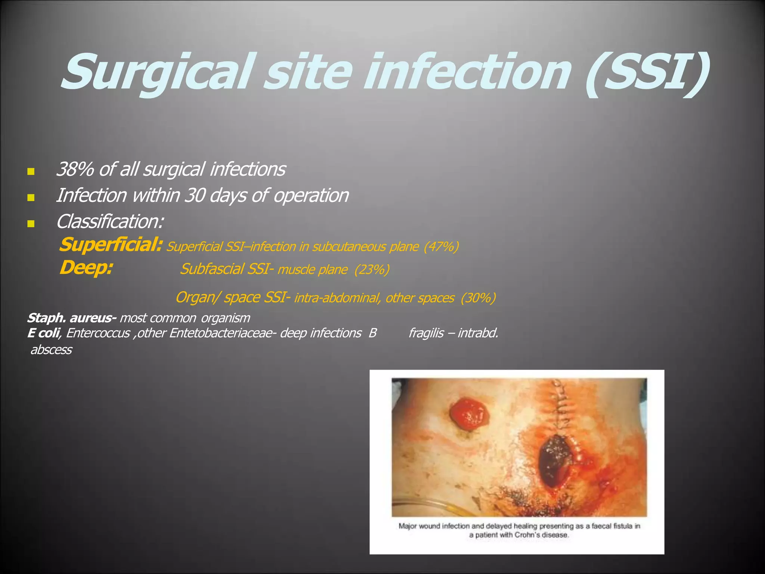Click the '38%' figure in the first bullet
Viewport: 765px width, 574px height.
pos(75,169)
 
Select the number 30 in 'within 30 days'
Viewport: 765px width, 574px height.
pos(195,195)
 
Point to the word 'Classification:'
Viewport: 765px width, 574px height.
pos(110,222)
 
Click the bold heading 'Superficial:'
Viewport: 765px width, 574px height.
pos(111,245)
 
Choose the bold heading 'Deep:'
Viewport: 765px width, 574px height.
pos(86,268)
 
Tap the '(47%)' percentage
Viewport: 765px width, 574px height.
pos(441,247)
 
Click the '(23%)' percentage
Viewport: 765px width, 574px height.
pos(372,270)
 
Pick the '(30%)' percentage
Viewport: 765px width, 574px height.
pos(478,298)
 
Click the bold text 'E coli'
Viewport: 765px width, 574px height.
pos(43,333)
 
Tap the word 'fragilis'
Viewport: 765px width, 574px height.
pos(426,333)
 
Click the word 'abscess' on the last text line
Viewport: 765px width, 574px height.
pos(51,350)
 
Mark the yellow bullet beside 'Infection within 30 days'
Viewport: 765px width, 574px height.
pos(31,197)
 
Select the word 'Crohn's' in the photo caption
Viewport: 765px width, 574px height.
pos(527,535)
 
